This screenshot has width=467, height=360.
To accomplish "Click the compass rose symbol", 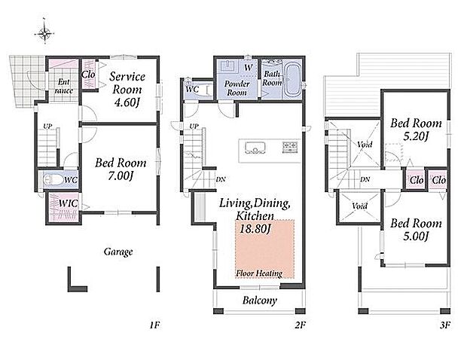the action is pos(44,33).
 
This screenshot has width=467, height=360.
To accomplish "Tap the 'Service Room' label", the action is pos(127,83).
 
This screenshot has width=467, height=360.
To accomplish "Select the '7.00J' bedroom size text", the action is pos(121,176).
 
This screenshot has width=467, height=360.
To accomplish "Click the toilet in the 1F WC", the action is pos(53,179).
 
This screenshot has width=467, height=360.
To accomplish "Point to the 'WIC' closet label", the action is pos(69,203).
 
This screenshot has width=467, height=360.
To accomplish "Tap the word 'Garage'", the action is pos(118,252).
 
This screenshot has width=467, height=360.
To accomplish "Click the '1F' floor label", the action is pos(155,325).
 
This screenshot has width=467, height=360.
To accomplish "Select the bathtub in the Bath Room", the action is pos(292,81).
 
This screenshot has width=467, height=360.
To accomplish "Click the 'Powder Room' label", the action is pos(237,88).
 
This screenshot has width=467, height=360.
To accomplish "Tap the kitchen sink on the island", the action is pos(255,148).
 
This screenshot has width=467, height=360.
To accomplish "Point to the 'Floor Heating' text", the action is pos(259,273).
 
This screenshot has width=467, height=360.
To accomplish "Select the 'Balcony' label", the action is pos(260,301).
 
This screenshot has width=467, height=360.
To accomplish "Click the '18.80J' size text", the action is pos(255,229).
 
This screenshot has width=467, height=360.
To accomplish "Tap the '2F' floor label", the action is pos(301,325).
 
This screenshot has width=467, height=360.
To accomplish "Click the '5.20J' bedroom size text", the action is pos(416,136).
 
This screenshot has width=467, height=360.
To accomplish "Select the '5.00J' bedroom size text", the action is pos(416,236).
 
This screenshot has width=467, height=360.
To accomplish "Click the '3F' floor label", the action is pos(444,325).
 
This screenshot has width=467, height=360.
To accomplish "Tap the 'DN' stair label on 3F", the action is pos(365,179).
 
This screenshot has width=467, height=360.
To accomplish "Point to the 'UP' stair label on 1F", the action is pos(47,127).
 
